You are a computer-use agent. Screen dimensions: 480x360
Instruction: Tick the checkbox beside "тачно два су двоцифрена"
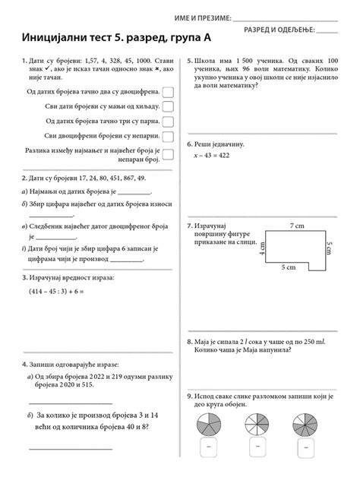(169, 92)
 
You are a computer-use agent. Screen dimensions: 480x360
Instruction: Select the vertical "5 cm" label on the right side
(329, 249)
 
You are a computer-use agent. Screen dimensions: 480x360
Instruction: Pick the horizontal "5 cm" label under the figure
(288, 268)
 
